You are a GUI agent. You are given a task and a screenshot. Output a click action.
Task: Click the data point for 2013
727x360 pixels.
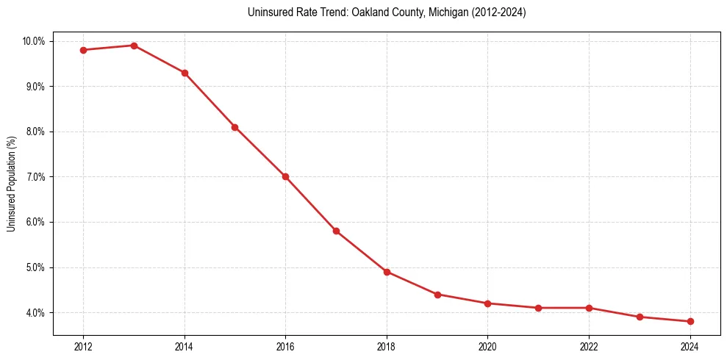coord(134,46)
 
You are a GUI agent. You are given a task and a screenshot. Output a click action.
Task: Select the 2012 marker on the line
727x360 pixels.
coord(83,50)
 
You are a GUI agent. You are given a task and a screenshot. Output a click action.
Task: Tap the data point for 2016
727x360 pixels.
coord(285,176)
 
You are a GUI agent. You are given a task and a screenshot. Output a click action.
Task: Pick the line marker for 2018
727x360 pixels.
coord(387,272)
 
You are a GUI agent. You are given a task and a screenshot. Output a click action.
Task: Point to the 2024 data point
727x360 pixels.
coord(690,321)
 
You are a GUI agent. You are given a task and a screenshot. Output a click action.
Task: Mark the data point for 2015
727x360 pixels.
coord(234,127)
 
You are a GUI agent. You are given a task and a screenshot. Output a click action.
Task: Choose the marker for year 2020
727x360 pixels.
coord(488,303)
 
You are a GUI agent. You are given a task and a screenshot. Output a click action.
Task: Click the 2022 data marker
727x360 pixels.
coord(589,308)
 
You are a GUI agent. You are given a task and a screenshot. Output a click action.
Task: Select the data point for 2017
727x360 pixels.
coord(336,231)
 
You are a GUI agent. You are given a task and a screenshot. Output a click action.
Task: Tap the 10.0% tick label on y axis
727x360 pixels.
coord(34,41)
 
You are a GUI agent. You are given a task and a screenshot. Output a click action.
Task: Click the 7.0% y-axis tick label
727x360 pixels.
coord(35,177)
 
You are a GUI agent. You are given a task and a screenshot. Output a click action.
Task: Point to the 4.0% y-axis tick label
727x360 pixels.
coord(35,313)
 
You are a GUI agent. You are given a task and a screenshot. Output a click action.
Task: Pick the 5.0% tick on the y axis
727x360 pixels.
coord(35,267)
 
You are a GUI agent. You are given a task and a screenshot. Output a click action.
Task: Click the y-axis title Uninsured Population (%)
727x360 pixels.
coord(11,184)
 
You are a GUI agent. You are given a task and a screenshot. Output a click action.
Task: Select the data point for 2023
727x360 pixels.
coord(640,317)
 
